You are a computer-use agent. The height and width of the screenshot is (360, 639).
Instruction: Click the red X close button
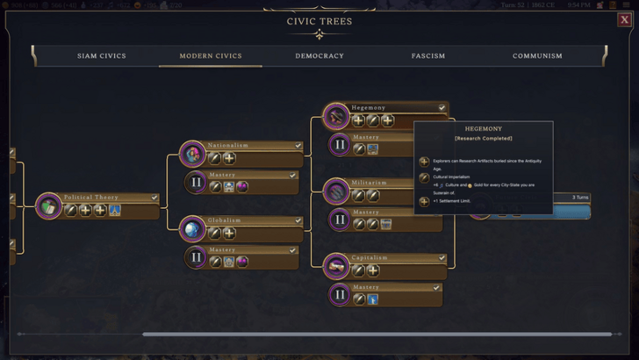coord(624,21)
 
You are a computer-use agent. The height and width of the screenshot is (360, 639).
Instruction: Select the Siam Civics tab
coord(102,56)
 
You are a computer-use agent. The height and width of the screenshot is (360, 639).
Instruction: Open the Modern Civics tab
coord(210,56)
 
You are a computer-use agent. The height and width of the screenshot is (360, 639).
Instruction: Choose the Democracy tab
coord(319,56)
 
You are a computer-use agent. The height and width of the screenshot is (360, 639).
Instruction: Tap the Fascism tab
coord(428,56)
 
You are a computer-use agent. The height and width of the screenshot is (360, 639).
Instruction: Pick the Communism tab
coord(537,56)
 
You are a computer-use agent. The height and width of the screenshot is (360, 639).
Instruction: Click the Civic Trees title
coord(319,22)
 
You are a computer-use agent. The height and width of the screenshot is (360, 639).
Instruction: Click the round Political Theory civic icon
coord(48,206)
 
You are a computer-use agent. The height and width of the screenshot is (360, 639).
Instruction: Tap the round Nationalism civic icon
coord(192,154)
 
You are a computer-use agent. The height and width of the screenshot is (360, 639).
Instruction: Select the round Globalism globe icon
coord(192,229)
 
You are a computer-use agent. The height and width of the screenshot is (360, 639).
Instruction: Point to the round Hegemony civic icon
coord(336,116)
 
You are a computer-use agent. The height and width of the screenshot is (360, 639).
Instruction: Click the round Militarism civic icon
coord(336,191)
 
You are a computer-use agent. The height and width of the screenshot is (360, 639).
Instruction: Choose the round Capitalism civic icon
coord(336,266)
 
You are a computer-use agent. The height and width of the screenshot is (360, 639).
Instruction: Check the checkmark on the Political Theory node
coord(154,198)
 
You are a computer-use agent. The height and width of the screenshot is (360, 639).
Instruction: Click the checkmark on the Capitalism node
coord(442,258)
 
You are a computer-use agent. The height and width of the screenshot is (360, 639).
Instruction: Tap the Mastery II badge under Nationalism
coord(197,184)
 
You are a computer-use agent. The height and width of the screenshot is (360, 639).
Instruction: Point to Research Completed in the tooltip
coord(483,138)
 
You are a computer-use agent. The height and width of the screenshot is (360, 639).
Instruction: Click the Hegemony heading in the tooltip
coord(483,128)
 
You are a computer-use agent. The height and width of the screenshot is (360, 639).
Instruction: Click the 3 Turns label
coord(580,198)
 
